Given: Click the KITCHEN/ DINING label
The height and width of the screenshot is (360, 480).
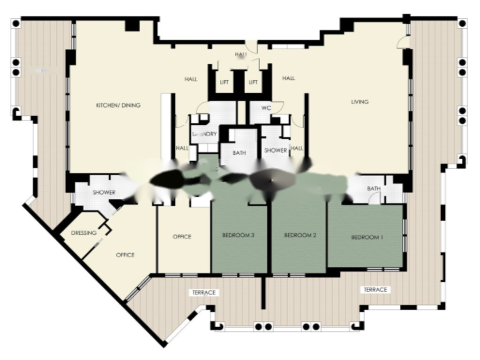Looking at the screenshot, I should tap(118, 105).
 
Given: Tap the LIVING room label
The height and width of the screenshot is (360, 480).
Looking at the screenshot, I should tap(360, 102).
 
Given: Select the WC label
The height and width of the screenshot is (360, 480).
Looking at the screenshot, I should tap(266, 108).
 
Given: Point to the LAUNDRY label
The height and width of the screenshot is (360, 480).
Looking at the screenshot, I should tap(205, 134).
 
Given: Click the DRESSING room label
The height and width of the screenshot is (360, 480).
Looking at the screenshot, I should tap(83, 233).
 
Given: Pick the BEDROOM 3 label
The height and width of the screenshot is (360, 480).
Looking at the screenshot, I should tap(238, 235).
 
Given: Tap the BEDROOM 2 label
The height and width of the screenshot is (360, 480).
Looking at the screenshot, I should tap(300, 235).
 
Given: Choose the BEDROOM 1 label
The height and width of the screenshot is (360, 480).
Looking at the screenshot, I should tap(367, 238).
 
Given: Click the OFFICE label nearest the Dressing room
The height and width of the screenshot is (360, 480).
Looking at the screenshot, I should tap(125, 255).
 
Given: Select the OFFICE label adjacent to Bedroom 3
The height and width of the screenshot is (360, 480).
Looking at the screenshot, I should tap(182, 237).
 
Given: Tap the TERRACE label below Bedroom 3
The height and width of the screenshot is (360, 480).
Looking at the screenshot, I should tap(204, 292).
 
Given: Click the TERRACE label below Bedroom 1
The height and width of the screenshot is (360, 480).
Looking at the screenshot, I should tap(375, 290).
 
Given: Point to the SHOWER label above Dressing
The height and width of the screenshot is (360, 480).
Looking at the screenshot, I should tap(104, 193).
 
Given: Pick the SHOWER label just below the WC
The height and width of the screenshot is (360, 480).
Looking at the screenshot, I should tap(276, 150).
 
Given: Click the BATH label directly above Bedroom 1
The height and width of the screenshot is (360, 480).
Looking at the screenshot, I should tap(374, 188).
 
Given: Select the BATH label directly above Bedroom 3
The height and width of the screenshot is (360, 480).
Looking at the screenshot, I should tap(240, 153).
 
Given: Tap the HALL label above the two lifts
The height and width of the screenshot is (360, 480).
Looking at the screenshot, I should tap(240, 55).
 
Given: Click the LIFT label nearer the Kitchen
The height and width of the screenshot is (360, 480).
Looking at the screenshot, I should tap(225, 82).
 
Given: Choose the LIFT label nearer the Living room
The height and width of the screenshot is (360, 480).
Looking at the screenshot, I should tap(253, 82).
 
